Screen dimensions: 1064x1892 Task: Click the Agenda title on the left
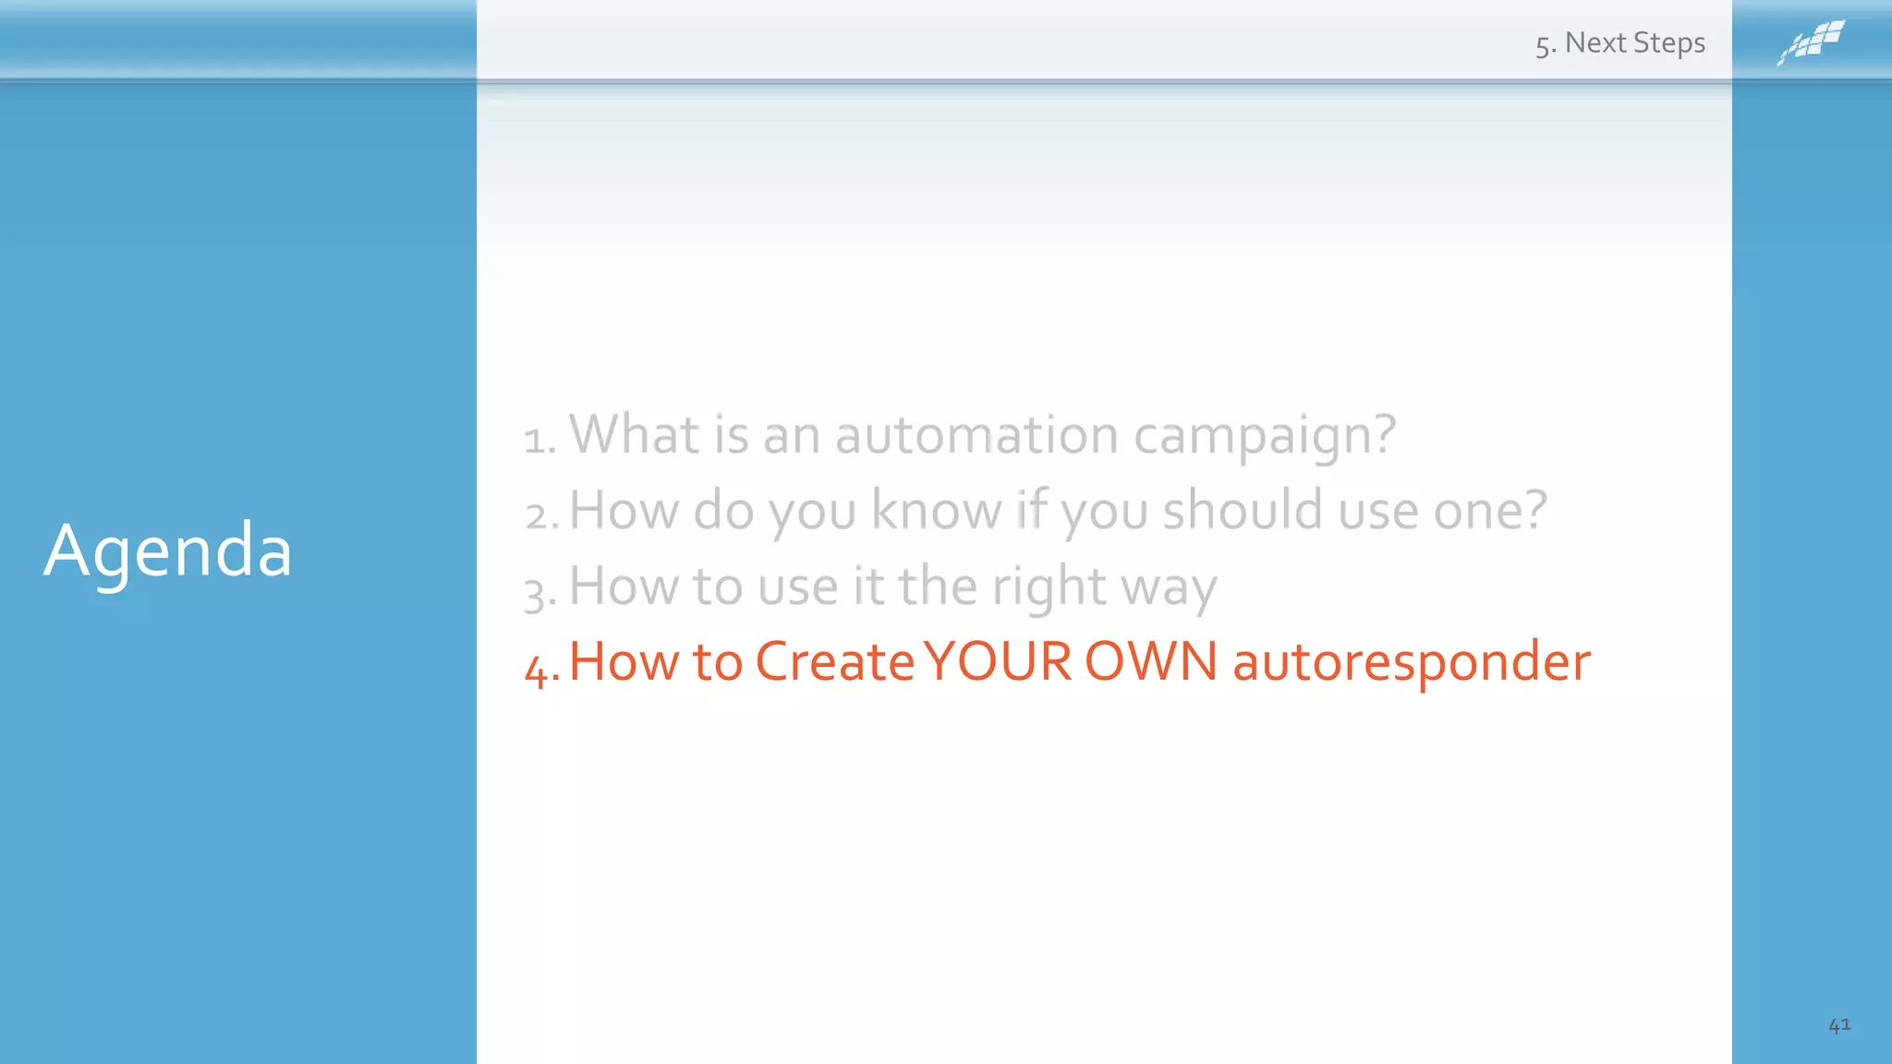coord(167,551)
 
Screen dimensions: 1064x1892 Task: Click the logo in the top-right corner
coord(1811,42)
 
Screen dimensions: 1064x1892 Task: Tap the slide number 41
coord(1838,1024)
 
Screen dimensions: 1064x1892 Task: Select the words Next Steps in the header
coord(1634,43)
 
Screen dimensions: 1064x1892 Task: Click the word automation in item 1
coord(976,434)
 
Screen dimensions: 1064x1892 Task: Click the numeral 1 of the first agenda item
coord(534,440)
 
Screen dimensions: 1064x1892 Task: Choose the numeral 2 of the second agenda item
coord(537,515)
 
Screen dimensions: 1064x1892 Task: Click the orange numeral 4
coord(536,668)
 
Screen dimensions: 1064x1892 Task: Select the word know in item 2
coord(936,510)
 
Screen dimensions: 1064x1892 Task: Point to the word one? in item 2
coord(1489,510)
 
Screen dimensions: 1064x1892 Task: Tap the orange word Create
coord(834,662)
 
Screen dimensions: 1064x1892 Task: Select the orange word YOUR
coord(998,662)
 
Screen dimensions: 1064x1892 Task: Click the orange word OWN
coord(1151,662)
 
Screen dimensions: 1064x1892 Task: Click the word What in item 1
coord(634,434)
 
